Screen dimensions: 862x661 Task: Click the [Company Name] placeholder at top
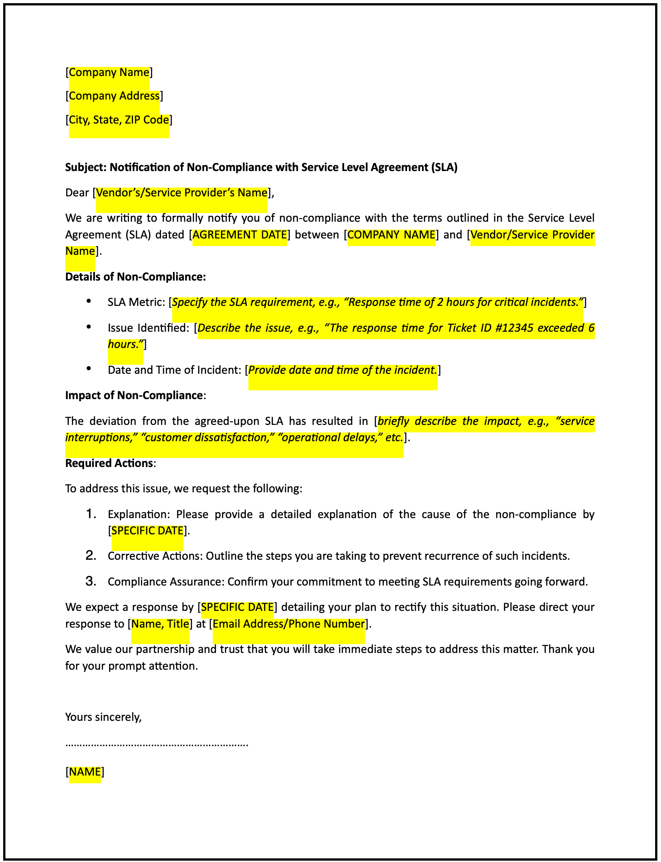[109, 72]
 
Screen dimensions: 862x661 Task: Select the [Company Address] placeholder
[114, 96]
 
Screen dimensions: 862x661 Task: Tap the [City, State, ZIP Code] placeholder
[119, 120]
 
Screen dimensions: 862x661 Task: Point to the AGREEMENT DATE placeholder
[239, 235]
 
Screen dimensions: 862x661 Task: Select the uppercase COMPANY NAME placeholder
[391, 235]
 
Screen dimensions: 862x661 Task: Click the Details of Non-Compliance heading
[135, 277]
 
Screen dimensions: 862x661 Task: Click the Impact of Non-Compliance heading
[134, 395]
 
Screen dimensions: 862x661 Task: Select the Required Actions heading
[109, 463]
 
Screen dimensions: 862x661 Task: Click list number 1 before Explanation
[91, 514]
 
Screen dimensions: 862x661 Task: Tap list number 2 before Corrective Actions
[91, 556]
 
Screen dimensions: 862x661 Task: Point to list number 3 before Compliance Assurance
[91, 581]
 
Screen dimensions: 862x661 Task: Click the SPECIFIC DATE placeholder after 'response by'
[237, 607]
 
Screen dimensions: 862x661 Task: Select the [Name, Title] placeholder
[160, 624]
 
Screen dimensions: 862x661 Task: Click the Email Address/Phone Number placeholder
[288, 624]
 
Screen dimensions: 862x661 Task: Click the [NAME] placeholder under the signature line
[85, 772]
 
